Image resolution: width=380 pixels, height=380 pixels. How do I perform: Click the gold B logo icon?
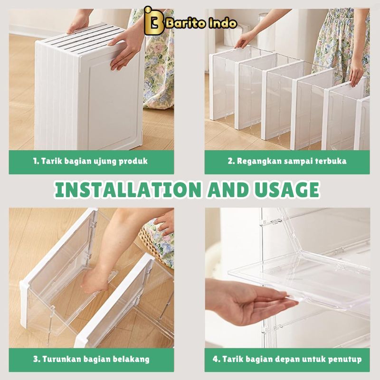154,21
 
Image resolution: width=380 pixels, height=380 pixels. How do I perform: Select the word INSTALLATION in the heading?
128,190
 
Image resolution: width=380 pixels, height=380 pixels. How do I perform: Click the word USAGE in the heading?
286,190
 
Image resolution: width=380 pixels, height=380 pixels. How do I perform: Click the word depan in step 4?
287,360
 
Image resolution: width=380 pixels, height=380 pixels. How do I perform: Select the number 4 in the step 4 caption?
216,359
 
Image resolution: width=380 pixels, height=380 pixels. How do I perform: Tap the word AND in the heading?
228,190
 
